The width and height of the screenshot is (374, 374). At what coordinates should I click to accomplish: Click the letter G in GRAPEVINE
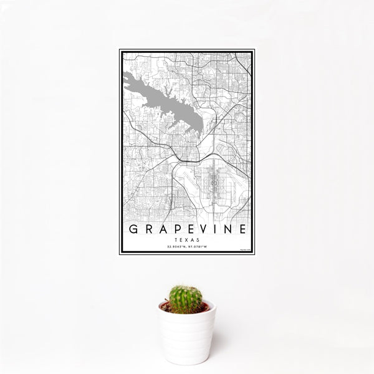(132, 229)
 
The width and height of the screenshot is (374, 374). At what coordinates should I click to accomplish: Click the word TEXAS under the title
(187, 239)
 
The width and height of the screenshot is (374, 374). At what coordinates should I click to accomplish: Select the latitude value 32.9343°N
(176, 247)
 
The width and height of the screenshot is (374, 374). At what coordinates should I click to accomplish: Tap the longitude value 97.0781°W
(198, 247)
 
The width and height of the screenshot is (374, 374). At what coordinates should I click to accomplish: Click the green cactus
(186, 299)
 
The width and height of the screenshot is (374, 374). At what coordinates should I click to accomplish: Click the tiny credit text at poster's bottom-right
(246, 250)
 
